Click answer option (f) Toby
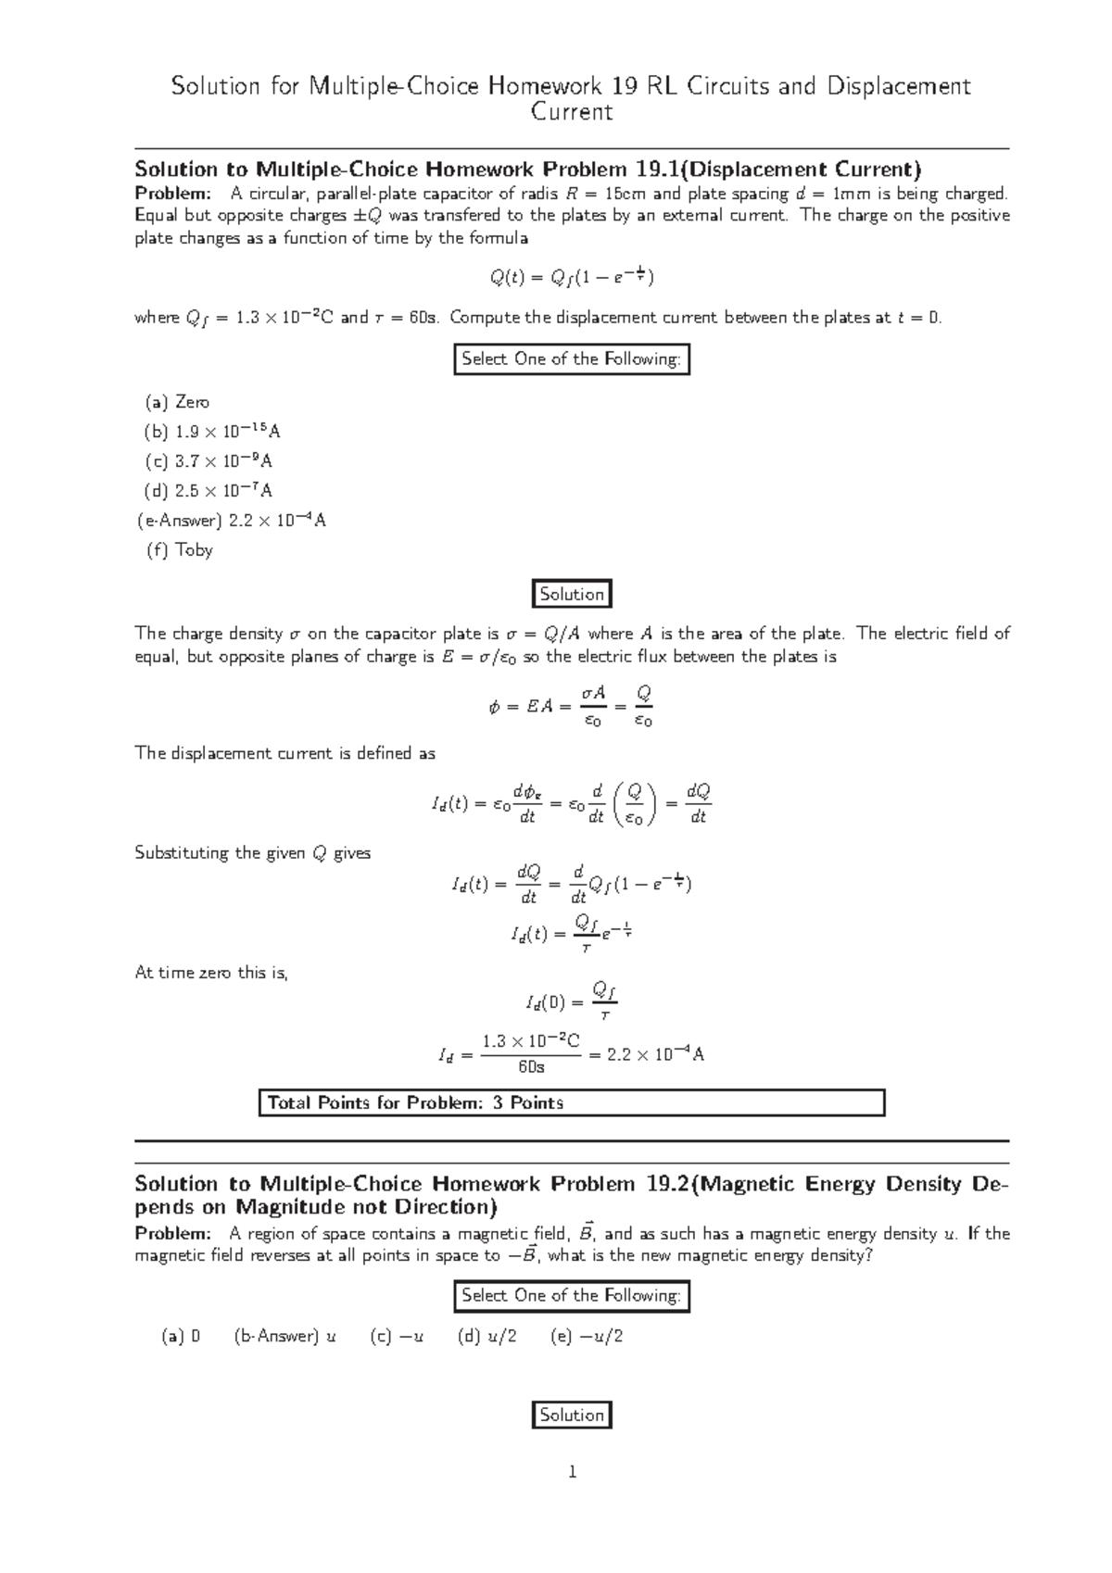coord(180,549)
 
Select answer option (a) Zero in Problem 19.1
coord(177,402)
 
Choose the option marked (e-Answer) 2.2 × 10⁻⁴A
coord(231,520)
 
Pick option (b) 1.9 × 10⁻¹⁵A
coord(212,431)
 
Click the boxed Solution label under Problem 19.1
coord(572,595)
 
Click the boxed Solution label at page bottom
coord(572,1415)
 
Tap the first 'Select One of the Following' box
coord(572,359)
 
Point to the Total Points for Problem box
coord(572,1102)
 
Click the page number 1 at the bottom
coord(572,1471)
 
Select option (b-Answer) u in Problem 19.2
coord(285,1336)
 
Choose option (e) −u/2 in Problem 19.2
coord(587,1336)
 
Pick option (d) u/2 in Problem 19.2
coord(487,1336)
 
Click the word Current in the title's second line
coord(572,112)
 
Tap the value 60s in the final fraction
coord(531,1067)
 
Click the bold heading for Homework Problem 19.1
coord(528,169)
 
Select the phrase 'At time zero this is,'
coord(212,973)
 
